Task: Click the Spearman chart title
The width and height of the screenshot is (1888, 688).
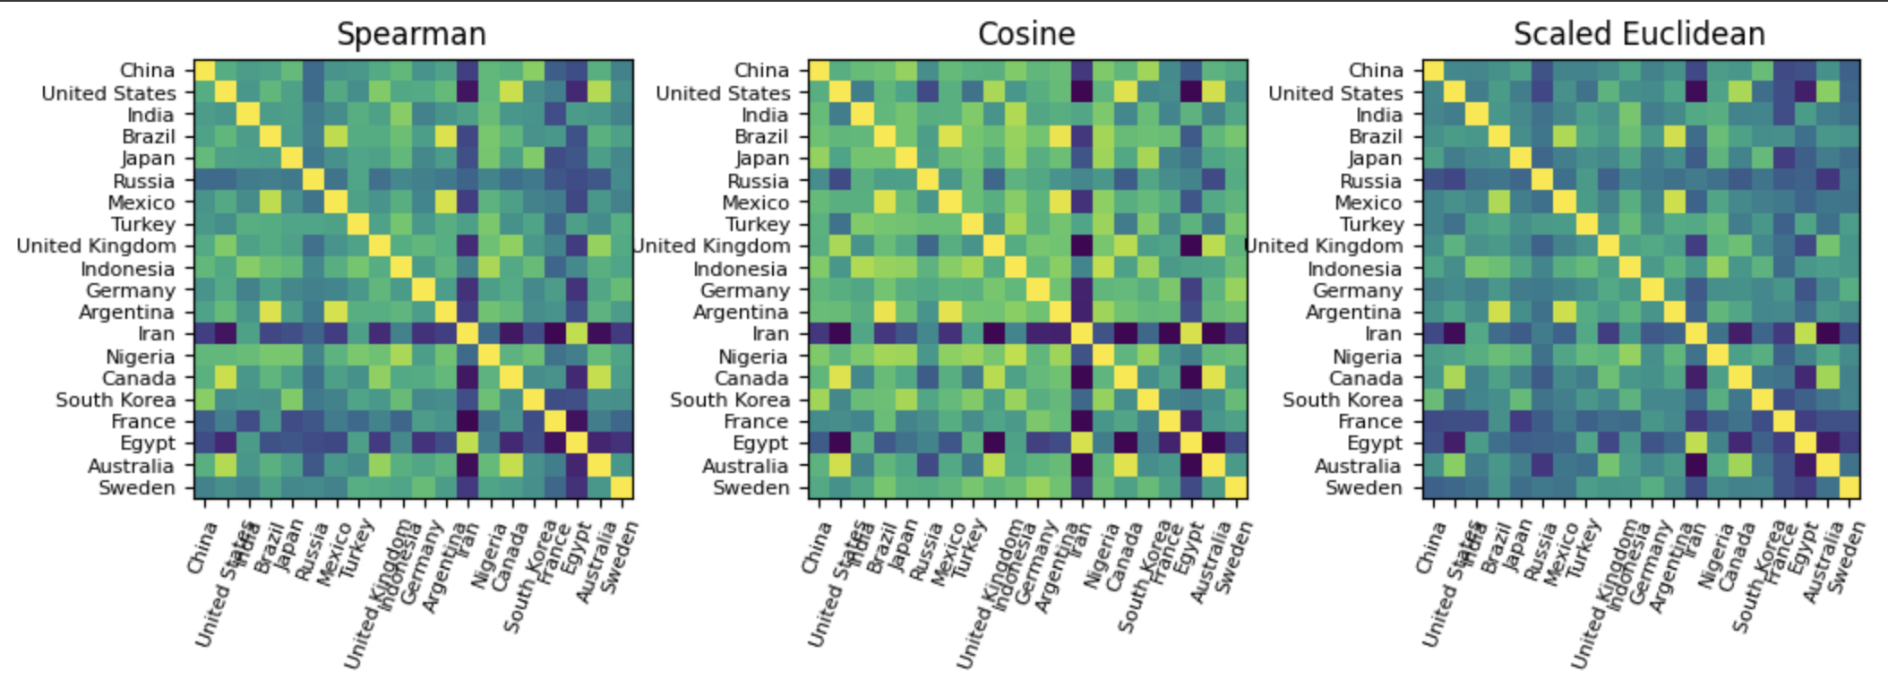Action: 411,34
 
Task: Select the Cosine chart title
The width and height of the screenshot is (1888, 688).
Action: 1026,34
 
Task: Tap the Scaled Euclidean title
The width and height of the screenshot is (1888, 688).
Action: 1639,34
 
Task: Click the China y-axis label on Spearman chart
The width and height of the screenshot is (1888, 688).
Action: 148,71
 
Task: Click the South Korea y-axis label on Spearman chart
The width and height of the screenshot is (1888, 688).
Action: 116,400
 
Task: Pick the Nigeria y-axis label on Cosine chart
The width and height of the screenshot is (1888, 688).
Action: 753,357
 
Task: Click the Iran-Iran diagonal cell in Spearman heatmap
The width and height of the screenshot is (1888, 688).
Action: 468,334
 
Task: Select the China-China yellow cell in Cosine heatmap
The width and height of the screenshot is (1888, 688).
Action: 820,71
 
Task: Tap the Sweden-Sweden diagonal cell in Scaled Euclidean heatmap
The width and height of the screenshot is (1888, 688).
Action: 1849,488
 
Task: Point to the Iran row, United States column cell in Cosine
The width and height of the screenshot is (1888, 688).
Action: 841,334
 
